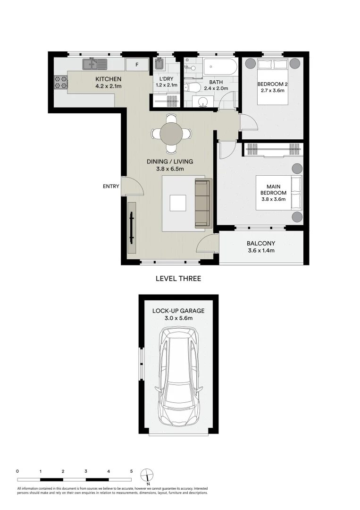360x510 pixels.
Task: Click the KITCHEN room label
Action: point(109,79)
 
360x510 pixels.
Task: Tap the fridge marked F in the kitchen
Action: point(137,65)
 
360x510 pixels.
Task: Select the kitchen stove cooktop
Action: point(61,83)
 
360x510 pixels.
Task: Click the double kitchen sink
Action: point(95,64)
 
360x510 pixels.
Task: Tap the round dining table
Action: point(172,134)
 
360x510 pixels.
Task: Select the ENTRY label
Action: point(111,187)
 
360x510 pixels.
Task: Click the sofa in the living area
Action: point(202,203)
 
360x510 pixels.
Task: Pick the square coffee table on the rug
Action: point(178,203)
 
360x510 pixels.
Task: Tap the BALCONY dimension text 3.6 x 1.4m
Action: point(260,251)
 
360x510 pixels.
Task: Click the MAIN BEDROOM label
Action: point(273,190)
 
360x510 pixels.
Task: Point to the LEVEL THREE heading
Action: point(178,279)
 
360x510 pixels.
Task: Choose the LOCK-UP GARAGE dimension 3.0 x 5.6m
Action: point(178,318)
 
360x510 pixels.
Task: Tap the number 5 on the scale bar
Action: point(132,471)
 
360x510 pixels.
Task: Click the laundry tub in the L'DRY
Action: point(159,64)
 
